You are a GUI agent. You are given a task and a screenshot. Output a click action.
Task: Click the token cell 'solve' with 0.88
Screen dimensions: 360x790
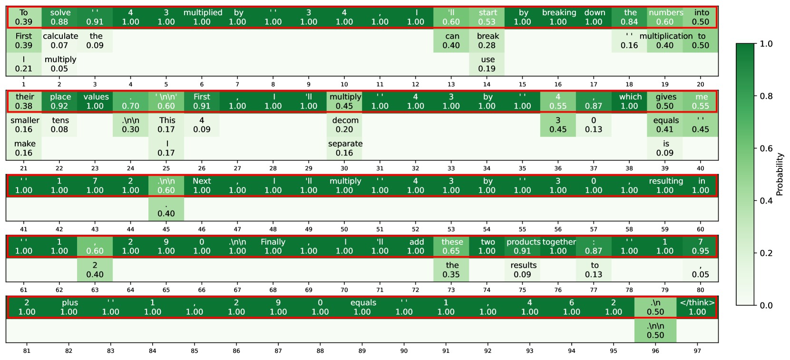click(59, 17)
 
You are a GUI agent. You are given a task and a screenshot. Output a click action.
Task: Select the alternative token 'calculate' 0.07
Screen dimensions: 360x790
click(59, 41)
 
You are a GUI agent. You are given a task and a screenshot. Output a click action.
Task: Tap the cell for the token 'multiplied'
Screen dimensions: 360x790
click(202, 17)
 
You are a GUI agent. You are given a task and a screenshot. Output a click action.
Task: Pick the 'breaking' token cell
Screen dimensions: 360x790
click(558, 17)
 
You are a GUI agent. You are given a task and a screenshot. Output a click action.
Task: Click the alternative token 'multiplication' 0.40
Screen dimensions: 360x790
click(665, 41)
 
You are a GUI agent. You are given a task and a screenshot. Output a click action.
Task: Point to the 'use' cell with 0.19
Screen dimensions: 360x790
click(487, 64)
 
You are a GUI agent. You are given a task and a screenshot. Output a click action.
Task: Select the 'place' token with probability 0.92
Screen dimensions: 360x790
click(59, 101)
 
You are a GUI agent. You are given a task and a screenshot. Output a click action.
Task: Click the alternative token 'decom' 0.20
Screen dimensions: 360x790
click(344, 125)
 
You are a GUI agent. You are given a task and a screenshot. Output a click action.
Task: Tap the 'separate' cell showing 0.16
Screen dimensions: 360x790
click(344, 148)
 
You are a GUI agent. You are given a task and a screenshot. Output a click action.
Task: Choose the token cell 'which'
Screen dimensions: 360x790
click(630, 101)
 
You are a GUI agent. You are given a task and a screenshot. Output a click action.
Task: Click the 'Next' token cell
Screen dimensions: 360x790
click(202, 185)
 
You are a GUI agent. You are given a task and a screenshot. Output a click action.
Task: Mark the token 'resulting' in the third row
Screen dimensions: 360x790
click(665, 185)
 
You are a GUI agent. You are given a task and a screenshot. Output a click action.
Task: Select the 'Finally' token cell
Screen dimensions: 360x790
click(273, 246)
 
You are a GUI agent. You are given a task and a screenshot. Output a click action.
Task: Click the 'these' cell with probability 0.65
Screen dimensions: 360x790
click(451, 246)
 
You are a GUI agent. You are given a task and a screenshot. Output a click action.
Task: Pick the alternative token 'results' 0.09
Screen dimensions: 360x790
click(523, 270)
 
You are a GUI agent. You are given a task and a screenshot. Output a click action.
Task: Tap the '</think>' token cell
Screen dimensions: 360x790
click(697, 307)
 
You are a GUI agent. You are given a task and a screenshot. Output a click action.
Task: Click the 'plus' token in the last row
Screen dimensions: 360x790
click(69, 307)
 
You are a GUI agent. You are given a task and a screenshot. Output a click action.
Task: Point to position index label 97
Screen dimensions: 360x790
click(697, 351)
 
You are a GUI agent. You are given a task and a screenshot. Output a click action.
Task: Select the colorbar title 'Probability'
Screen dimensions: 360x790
click(779, 175)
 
